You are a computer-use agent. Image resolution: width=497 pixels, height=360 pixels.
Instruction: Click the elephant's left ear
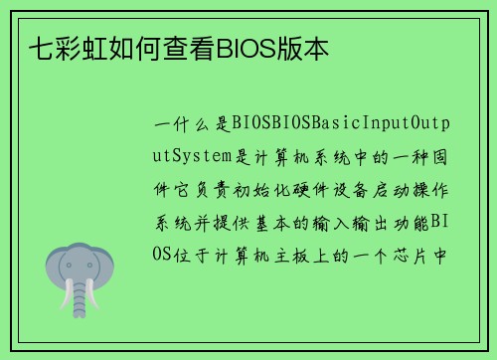pos(54,267)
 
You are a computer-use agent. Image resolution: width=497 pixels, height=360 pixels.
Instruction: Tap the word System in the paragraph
pos(203,157)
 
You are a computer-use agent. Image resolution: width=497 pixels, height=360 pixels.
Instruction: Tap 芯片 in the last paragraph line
pos(417,253)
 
